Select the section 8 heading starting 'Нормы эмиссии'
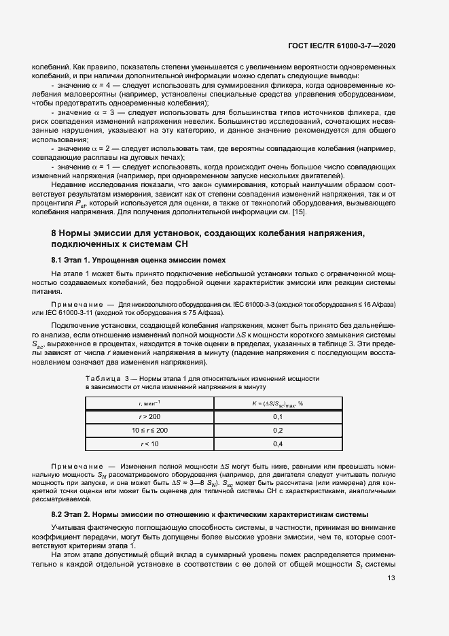point(207,239)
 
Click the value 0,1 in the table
point(277,416)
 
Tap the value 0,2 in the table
point(277,430)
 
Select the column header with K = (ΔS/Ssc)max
point(277,403)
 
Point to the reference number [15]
point(298,213)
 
